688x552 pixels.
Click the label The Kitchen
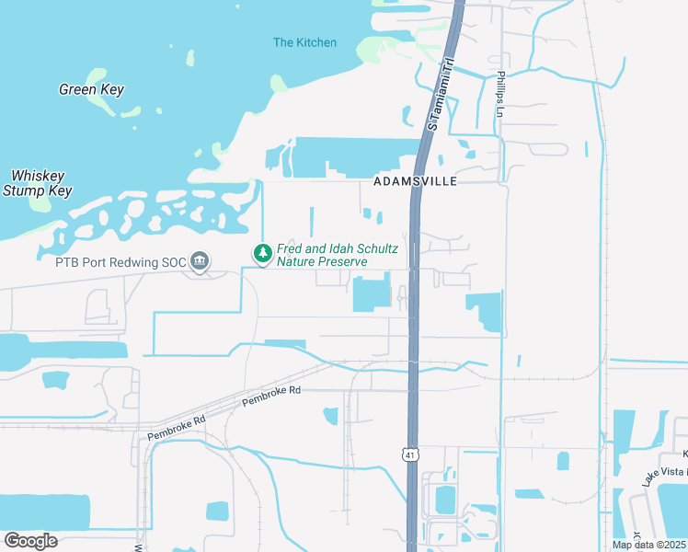tap(304, 42)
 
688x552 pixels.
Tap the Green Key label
tap(91, 90)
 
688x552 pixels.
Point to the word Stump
tap(23, 190)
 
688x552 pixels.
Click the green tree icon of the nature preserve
tap(263, 252)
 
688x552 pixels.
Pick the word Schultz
tap(374, 248)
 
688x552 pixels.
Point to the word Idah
tap(332, 248)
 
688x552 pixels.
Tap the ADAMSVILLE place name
tap(416, 182)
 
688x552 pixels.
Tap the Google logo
tap(30, 541)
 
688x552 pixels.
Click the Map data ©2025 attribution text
tap(648, 545)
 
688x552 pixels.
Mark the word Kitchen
tap(315, 42)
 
